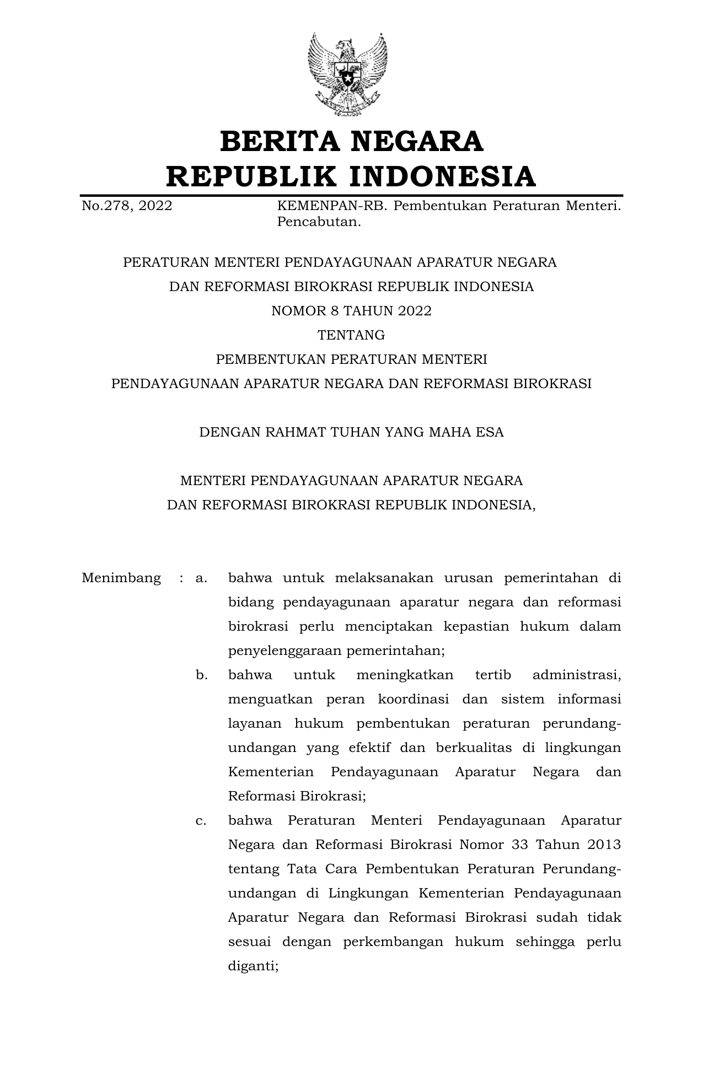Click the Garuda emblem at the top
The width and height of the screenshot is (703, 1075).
tap(347, 74)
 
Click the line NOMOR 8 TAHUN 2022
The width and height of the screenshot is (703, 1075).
tap(351, 311)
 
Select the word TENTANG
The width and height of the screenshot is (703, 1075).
tap(351, 335)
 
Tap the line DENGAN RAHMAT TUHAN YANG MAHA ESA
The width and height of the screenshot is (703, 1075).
tap(351, 432)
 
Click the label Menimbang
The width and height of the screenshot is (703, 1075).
tap(121, 578)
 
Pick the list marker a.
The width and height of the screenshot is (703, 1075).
tap(201, 578)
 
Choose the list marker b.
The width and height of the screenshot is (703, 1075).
tap(201, 675)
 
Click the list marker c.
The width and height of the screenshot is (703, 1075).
tap(201, 821)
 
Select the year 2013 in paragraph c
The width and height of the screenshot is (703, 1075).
tap(604, 845)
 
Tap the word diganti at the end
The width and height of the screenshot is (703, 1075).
tap(253, 966)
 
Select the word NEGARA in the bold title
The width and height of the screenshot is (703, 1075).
tap(417, 142)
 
